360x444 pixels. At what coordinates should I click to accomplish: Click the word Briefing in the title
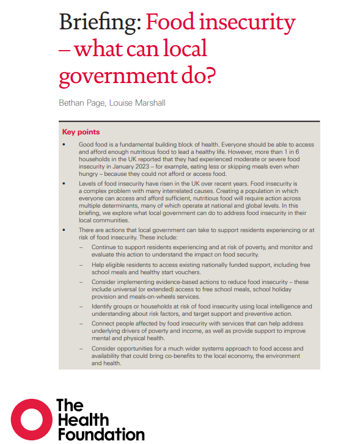tap(100, 23)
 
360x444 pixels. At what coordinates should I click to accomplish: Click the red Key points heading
tap(81, 132)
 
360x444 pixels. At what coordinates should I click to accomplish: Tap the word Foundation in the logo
tap(100, 434)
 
